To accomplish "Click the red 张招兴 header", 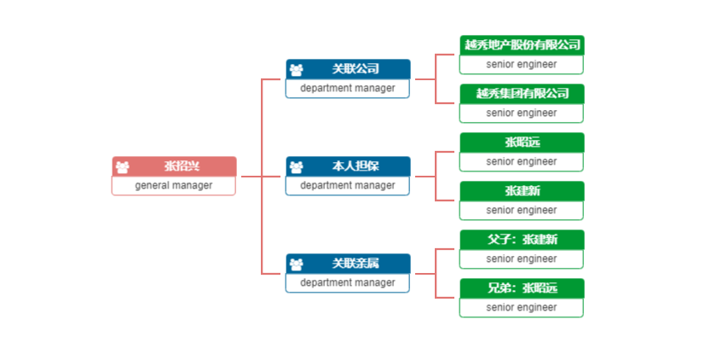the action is point(174,166).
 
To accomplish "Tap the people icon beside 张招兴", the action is point(122,167).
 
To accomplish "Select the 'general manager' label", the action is point(174,185).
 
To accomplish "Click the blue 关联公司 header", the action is point(348,69).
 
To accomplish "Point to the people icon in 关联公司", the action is point(297,70).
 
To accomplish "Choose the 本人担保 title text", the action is point(355,166).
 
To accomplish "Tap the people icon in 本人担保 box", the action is point(297,167).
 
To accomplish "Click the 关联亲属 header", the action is point(348,264).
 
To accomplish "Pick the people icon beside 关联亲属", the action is point(297,264).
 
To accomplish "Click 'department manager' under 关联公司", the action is point(348,88).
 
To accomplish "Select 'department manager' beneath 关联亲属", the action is point(348,282).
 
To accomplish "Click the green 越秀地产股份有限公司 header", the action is point(522,45).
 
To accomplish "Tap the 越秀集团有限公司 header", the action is point(522,94).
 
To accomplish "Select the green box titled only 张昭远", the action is point(522,152).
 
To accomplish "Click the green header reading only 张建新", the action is point(522,191).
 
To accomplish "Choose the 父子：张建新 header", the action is point(522,240).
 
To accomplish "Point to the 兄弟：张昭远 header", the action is point(522,288).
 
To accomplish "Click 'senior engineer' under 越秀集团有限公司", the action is point(522,113).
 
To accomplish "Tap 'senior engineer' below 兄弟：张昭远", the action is point(522,307).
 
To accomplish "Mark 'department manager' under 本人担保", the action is point(348,185).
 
